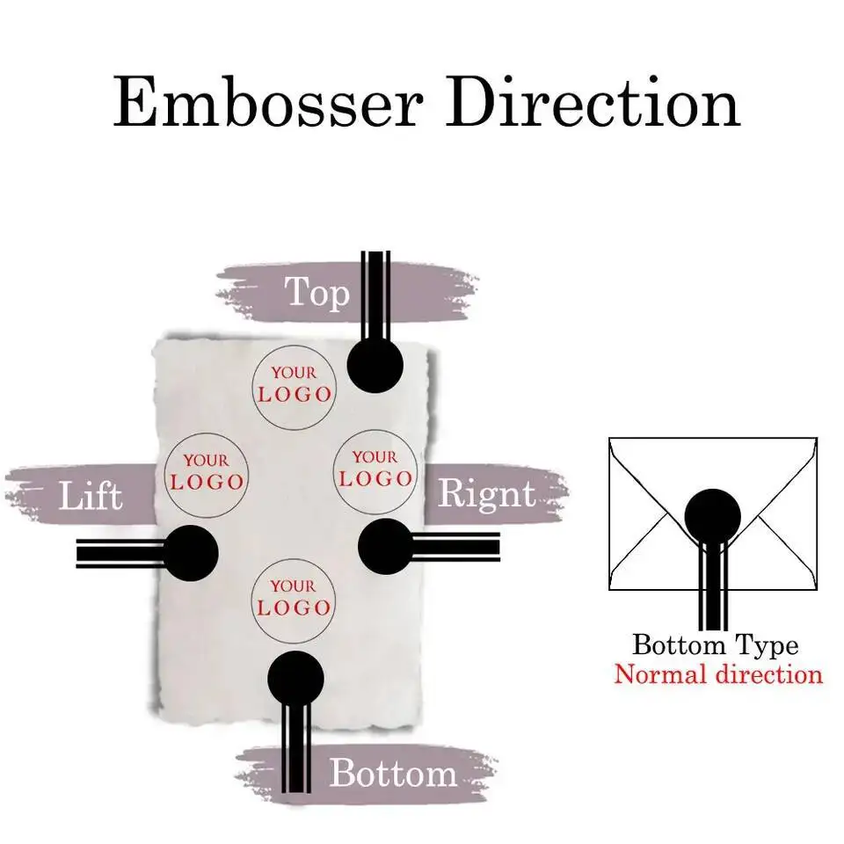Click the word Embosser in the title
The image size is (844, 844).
(267, 102)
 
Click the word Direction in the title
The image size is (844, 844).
(593, 101)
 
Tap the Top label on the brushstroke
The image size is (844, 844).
(317, 292)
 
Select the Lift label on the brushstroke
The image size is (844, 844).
(91, 495)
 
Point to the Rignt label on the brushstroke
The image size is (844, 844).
(487, 494)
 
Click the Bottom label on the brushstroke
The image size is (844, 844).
(394, 773)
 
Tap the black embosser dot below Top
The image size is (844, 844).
(375, 366)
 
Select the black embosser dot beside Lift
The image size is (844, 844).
(191, 553)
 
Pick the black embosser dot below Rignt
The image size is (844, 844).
(386, 547)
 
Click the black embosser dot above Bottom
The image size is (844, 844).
(295, 680)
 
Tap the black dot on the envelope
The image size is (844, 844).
(713, 517)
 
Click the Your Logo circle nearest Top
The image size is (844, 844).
(295, 387)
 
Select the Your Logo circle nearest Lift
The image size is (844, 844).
(206, 476)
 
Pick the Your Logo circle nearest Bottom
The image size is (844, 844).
(294, 600)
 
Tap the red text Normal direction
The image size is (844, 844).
(718, 674)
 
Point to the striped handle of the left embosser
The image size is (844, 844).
(120, 554)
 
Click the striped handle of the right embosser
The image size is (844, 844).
(456, 547)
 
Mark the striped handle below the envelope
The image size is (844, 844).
(713, 586)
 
